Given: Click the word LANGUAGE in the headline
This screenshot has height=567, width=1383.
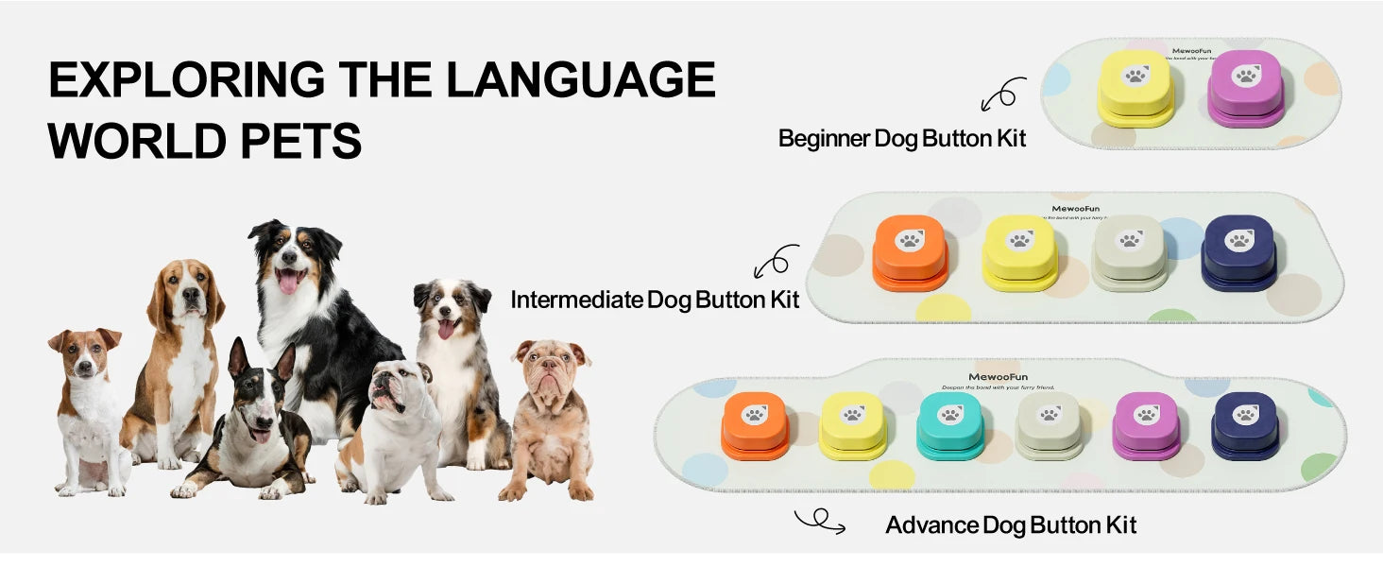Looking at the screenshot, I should pos(580,79).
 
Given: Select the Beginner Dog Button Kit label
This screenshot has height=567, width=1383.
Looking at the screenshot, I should pos(901,138).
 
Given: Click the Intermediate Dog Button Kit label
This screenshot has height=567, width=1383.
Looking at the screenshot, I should pos(655,300).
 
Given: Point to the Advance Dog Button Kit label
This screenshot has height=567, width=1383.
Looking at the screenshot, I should pos(1011,524).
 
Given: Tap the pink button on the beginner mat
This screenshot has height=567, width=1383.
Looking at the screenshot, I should pos(1245,85).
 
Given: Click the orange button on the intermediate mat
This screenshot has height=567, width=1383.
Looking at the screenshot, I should pos(909,249).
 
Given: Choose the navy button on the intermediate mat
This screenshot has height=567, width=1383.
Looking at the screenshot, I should pos(1238,249).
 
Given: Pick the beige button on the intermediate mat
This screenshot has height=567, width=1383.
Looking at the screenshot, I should pos(1130,249).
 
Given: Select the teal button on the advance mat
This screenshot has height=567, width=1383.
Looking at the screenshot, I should pos(950,423).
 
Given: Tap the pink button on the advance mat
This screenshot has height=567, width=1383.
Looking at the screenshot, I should pos(1147,423).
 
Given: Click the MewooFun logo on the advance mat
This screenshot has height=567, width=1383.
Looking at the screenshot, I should pos(999,376).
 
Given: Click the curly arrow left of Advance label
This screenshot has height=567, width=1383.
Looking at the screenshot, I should pos(819,521).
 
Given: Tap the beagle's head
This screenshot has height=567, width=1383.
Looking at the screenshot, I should pos(187,293).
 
